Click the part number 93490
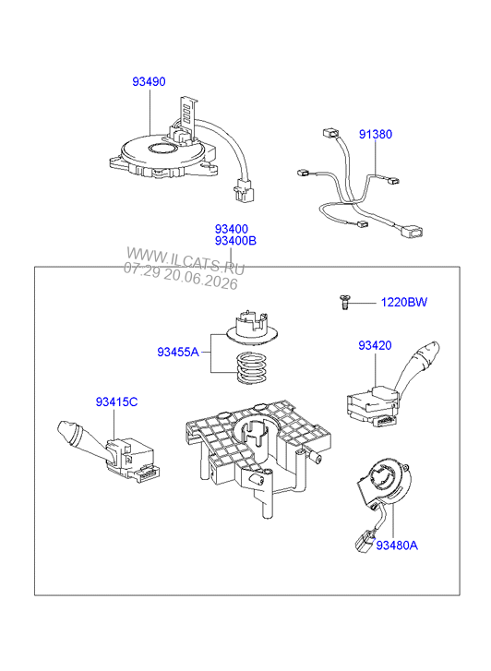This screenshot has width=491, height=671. [x=149, y=81]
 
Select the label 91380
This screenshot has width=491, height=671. [x=376, y=135]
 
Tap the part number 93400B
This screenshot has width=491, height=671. [x=235, y=241]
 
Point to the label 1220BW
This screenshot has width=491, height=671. [x=404, y=302]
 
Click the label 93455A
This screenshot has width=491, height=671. [x=178, y=353]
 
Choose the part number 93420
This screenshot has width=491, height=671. [x=375, y=345]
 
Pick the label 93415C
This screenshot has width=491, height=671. [x=116, y=402]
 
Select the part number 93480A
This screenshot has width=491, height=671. [x=397, y=545]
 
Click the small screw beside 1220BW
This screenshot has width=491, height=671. [x=344, y=302]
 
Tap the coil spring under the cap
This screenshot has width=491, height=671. [x=252, y=367]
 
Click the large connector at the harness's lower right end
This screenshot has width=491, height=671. [x=413, y=232]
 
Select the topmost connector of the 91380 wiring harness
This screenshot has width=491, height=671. [x=330, y=133]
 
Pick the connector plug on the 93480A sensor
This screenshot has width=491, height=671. [x=365, y=541]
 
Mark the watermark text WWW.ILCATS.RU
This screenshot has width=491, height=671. [x=186, y=260]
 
